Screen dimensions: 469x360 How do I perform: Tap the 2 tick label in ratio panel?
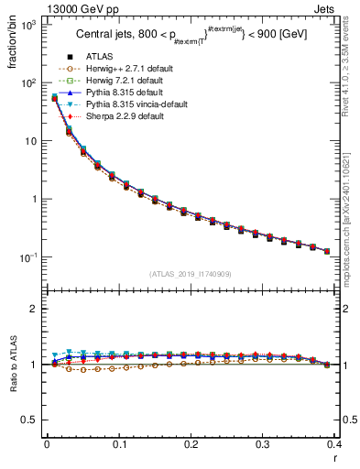point(35,310)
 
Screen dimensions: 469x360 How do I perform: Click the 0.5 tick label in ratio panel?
point(30,420)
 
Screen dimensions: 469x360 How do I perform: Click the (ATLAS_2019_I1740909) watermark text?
point(191,274)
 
